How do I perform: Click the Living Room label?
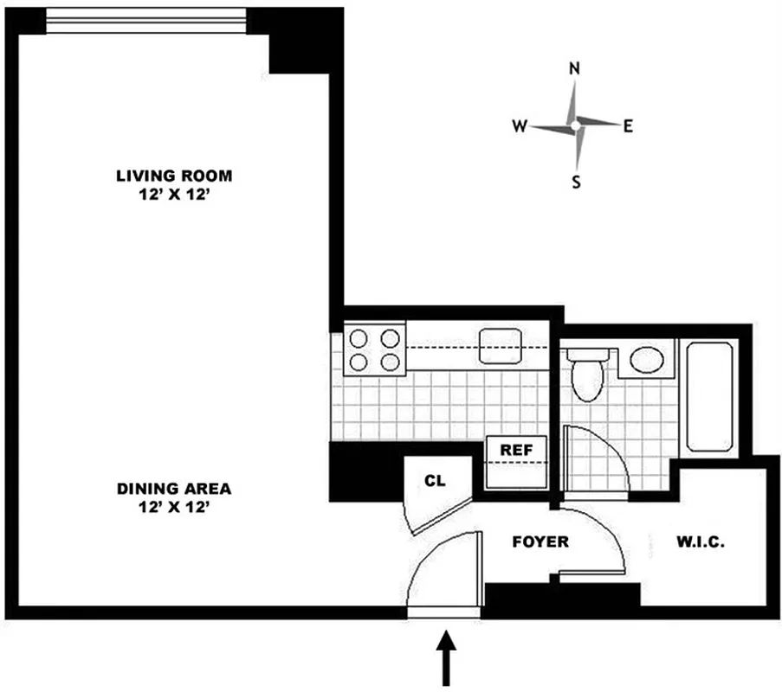(x=174, y=176)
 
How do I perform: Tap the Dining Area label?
(x=174, y=489)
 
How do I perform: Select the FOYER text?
(x=540, y=542)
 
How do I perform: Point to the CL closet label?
(x=435, y=481)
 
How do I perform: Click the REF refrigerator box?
(x=517, y=451)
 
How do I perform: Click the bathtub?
(x=710, y=395)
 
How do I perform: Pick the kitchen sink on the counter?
(x=501, y=346)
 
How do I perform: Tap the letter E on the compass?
(x=629, y=126)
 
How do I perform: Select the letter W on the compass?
(x=519, y=126)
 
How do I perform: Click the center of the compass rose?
(x=575, y=126)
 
